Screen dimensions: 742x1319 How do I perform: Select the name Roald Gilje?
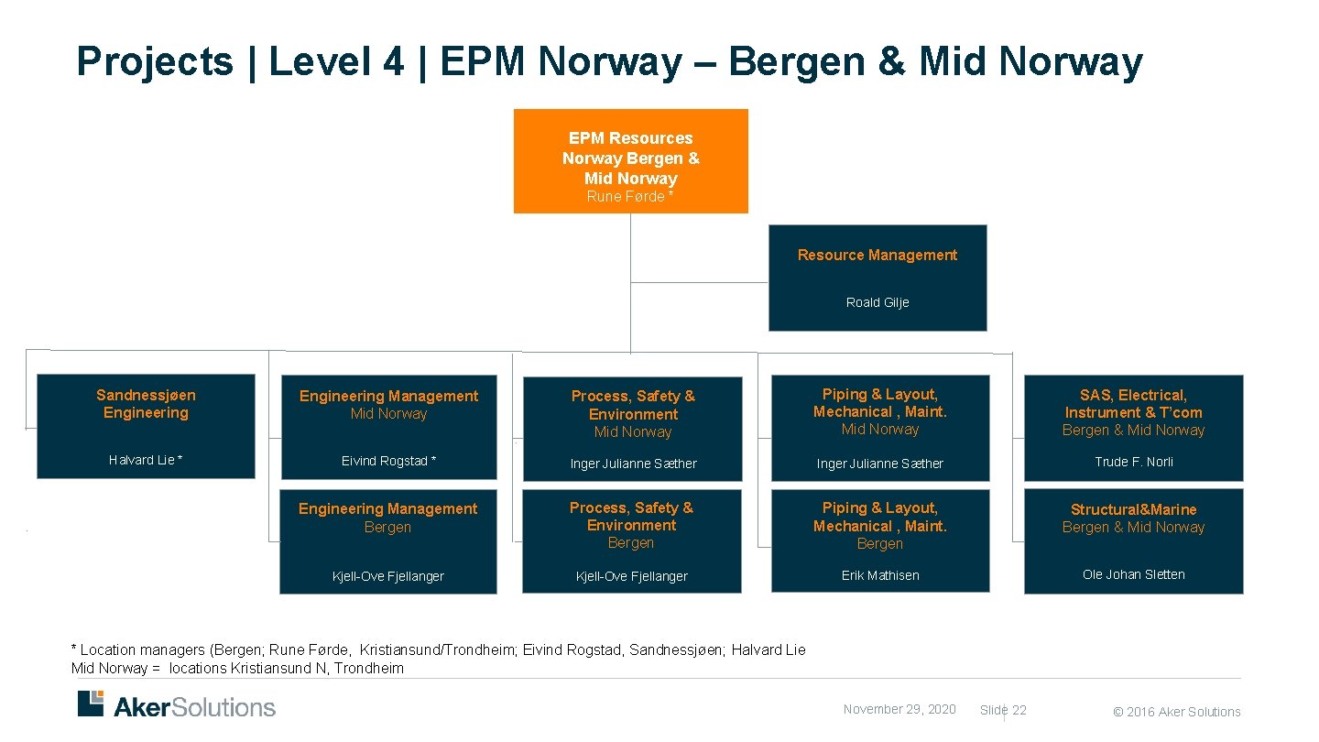click(x=878, y=302)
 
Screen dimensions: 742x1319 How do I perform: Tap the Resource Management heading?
click(x=878, y=256)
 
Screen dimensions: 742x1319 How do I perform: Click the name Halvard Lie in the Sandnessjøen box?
click(x=146, y=461)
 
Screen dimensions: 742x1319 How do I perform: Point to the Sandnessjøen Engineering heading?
click(x=146, y=404)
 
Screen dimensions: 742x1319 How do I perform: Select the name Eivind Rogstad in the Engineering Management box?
click(x=388, y=462)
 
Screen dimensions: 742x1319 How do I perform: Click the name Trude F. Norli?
click(x=1134, y=462)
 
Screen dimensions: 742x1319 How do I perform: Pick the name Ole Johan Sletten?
click(x=1134, y=575)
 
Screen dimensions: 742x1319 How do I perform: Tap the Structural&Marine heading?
click(x=1134, y=509)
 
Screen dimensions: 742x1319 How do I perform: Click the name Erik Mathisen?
click(x=880, y=576)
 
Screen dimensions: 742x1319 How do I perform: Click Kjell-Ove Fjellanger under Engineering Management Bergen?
click(x=388, y=576)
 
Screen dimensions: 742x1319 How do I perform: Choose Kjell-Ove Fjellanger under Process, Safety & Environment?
click(x=632, y=576)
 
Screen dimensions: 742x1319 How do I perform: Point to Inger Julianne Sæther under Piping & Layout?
click(x=880, y=464)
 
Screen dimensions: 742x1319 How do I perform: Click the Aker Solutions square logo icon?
click(x=91, y=704)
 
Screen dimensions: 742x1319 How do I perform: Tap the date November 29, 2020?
click(x=899, y=710)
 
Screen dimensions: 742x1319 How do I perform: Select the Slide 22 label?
click(x=1003, y=711)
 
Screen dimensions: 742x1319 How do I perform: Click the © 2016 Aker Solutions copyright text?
click(x=1177, y=712)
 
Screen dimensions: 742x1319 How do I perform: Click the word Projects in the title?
click(x=155, y=62)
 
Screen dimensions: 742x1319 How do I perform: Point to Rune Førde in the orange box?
click(x=630, y=197)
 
